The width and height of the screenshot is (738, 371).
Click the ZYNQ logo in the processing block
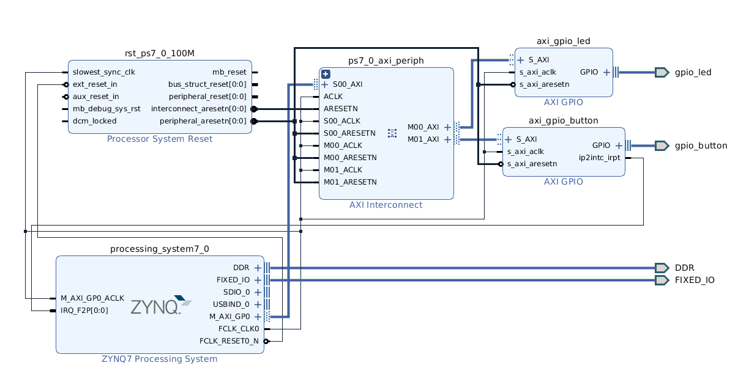pyautogui.click(x=161, y=305)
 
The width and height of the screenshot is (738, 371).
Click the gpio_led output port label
pyautogui.click(x=693, y=72)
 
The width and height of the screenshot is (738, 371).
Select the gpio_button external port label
pyautogui.click(x=701, y=145)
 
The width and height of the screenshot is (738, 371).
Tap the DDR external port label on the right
pyautogui.click(x=684, y=268)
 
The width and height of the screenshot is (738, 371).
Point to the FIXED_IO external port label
pyautogui.click(x=695, y=280)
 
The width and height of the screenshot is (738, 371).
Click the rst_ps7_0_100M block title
pyautogui.click(x=160, y=53)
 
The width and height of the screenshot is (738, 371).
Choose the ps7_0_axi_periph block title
pyautogui.click(x=386, y=61)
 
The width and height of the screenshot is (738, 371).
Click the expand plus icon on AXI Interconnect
pyautogui.click(x=326, y=74)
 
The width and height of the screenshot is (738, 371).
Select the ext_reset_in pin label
pyautogui.click(x=95, y=84)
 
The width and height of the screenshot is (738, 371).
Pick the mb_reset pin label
pyautogui.click(x=229, y=72)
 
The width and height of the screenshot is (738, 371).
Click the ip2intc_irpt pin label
pyautogui.click(x=599, y=158)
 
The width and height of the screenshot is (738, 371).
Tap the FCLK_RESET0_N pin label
pyautogui.click(x=229, y=341)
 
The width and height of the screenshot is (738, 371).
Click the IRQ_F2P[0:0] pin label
pyautogui.click(x=84, y=310)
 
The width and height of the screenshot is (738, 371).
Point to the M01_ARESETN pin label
pyautogui.click(x=350, y=182)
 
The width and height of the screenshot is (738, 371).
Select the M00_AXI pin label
pyautogui.click(x=423, y=127)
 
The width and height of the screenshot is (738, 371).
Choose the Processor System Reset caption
pyautogui.click(x=160, y=139)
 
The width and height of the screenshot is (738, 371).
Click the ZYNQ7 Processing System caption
pyautogui.click(x=159, y=359)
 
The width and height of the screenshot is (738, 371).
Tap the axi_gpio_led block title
pyautogui.click(x=564, y=41)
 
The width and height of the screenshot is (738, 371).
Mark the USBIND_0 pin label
pyautogui.click(x=231, y=304)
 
